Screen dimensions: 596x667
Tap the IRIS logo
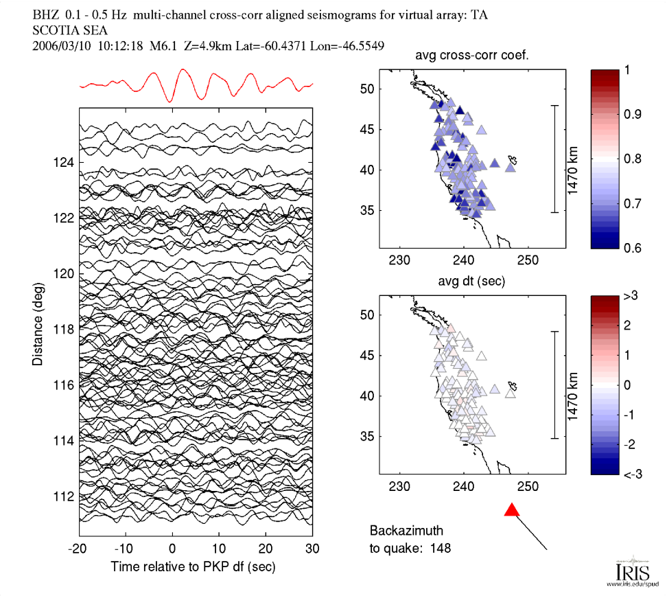point(627,571)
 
